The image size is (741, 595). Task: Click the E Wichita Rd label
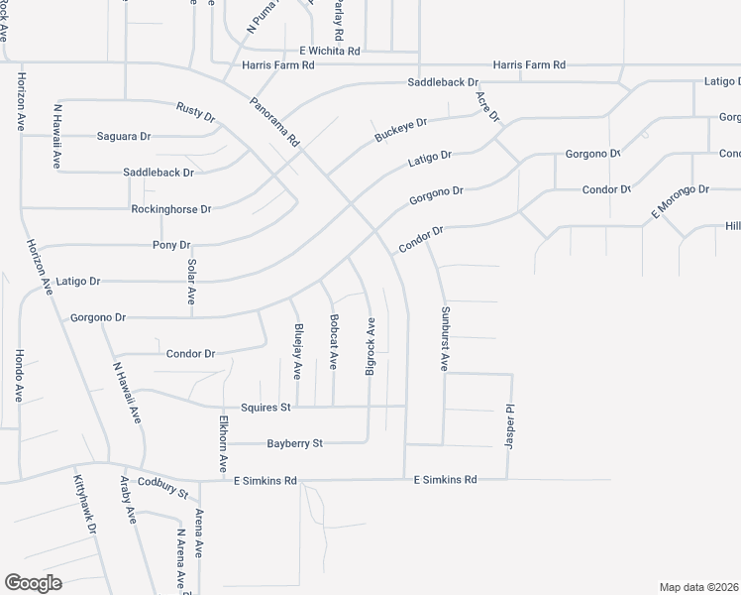click(329, 50)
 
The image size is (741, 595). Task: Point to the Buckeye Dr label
click(400, 130)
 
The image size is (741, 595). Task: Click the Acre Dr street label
click(487, 107)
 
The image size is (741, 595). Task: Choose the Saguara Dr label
click(123, 136)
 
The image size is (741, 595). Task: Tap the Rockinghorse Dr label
click(171, 209)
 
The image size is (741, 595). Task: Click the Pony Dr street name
click(171, 245)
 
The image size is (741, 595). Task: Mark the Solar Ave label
click(192, 284)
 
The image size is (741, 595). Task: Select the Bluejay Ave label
click(297, 352)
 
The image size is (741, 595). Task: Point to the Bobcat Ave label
click(334, 342)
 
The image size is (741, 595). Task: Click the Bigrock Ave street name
click(370, 346)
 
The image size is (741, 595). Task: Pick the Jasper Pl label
click(511, 423)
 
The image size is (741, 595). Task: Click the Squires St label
click(265, 407)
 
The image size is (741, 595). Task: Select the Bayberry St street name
click(295, 443)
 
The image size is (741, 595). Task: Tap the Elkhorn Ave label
click(225, 443)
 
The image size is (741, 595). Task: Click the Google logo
click(33, 583)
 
